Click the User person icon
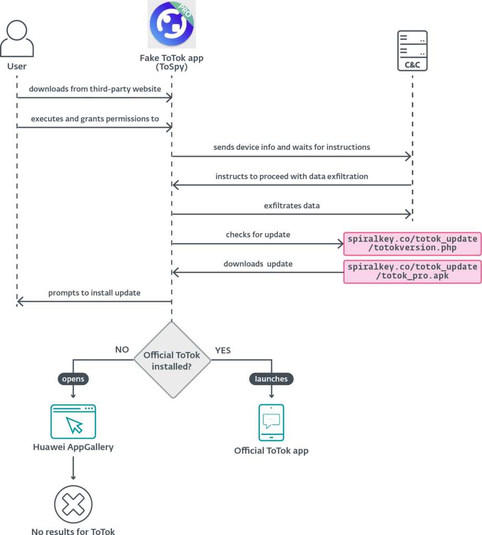click(x=17, y=39)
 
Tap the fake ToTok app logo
click(x=171, y=25)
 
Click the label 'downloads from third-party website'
click(x=95, y=89)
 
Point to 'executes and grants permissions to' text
click(x=95, y=119)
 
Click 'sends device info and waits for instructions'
click(x=291, y=147)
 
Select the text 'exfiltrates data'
click(x=291, y=206)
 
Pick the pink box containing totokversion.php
click(x=412, y=243)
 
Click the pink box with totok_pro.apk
click(x=412, y=271)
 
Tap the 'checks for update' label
click(x=258, y=235)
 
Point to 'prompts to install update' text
click(x=95, y=293)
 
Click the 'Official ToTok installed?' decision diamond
click(x=171, y=360)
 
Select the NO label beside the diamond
click(x=122, y=350)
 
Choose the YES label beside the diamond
click(x=222, y=350)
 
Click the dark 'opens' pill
click(x=73, y=378)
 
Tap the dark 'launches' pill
click(x=271, y=378)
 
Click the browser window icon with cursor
click(x=73, y=421)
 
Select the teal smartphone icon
click(x=271, y=422)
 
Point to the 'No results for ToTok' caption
click(x=73, y=531)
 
